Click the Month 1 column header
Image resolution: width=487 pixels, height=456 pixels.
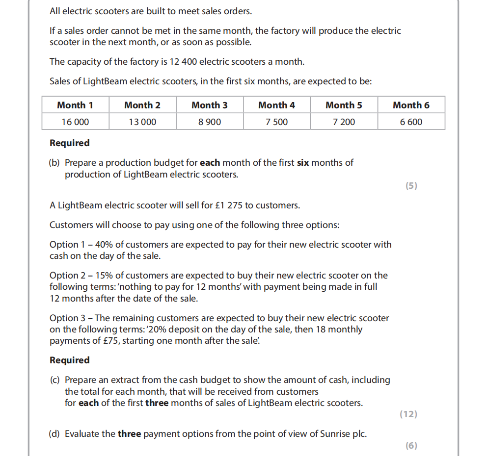coord(75,105)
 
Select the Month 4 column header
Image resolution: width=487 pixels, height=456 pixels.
coord(276,105)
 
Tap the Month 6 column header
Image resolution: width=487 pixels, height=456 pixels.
coord(411,105)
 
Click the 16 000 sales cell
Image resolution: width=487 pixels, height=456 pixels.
coord(75,122)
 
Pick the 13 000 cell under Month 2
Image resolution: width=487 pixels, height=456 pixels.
coord(142,122)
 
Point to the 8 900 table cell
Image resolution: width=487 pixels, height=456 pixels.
coord(210,122)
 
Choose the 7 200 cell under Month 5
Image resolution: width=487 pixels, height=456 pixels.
coord(344,122)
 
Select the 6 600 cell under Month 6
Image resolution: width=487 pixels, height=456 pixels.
coord(411,122)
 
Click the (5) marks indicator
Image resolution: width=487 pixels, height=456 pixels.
coord(411,185)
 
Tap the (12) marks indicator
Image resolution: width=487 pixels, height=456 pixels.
coord(408,414)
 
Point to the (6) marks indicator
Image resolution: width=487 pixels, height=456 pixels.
coord(411,445)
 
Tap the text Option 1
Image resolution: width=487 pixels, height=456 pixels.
coord(64,244)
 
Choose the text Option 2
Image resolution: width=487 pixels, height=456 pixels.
coord(64,275)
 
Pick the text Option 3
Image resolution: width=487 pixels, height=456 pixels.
coord(64,318)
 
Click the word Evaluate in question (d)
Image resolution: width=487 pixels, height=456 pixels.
coord(90,433)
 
